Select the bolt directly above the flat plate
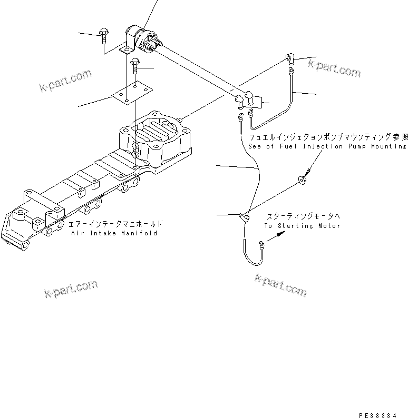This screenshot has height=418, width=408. [x=135, y=65]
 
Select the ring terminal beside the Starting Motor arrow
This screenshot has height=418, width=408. [x=261, y=243]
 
